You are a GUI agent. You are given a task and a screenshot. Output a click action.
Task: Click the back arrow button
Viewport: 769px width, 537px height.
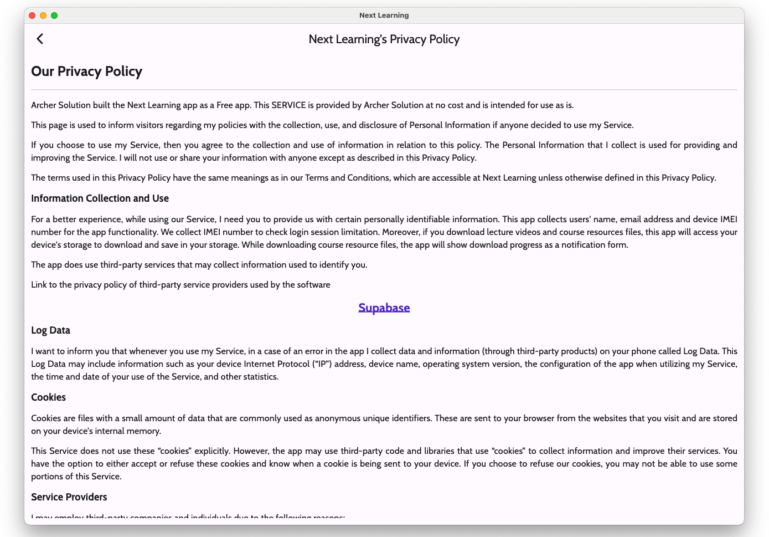40,39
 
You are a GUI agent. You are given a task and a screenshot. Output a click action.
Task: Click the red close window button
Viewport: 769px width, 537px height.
32,16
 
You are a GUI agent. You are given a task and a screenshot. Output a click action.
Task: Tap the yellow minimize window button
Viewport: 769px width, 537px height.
43,16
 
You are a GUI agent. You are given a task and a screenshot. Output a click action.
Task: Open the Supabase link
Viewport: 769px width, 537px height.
384,308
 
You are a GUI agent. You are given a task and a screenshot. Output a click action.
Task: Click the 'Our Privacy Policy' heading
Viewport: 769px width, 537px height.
86,71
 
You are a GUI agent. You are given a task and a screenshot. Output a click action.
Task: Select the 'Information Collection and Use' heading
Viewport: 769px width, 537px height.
100,198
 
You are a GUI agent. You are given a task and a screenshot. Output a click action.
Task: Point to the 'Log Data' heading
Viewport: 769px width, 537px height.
50,330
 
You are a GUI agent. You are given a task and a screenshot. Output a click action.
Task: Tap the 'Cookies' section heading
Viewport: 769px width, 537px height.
48,397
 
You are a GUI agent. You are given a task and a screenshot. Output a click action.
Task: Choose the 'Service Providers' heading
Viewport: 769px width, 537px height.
69,497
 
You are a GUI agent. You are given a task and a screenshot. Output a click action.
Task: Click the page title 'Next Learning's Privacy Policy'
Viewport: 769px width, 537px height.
384,39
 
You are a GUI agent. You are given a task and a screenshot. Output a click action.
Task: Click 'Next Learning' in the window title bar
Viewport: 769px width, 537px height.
384,16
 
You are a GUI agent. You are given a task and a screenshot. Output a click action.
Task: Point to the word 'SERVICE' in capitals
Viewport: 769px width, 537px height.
288,105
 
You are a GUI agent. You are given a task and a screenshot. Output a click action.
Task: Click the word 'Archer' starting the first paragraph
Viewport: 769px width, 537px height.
43,105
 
